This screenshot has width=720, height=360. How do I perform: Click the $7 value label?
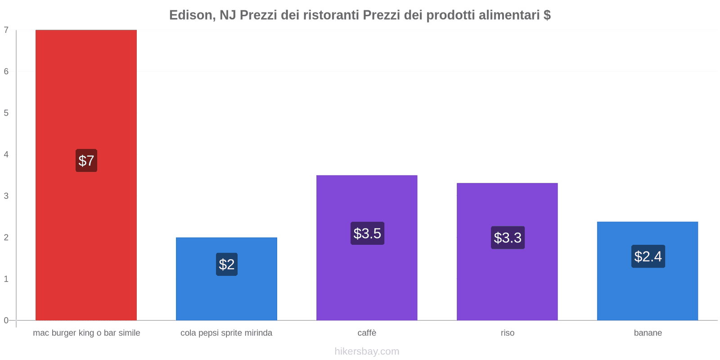tap(86, 161)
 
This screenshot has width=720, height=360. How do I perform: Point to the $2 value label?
tap(226, 264)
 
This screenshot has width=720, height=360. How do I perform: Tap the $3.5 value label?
tap(367, 234)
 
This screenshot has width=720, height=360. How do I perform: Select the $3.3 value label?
tap(508, 238)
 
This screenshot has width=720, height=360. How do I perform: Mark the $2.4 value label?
tap(648, 256)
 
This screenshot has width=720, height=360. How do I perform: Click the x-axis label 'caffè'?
tap(367, 333)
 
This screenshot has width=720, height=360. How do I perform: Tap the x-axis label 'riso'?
tap(508, 333)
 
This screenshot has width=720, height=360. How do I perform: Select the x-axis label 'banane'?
tap(648, 333)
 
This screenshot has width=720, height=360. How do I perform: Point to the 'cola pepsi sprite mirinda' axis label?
tap(226, 333)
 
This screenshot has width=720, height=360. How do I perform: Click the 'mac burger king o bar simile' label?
tap(86, 333)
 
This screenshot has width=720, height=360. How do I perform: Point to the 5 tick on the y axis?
tap(6, 113)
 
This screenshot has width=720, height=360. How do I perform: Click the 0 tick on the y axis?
tap(6, 320)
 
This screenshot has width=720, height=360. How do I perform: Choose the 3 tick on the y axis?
tap(6, 196)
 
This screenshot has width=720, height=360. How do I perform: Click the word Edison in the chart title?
tap(191, 15)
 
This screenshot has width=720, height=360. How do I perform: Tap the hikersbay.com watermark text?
tap(367, 351)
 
